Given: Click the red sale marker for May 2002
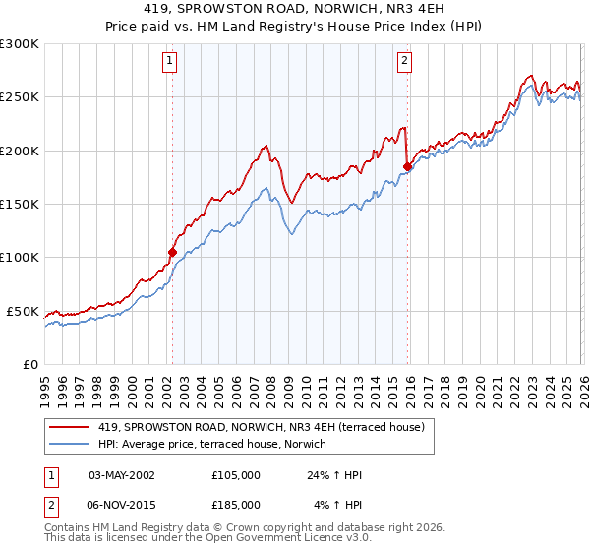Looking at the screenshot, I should [172, 252].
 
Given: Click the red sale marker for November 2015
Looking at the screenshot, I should [407, 167].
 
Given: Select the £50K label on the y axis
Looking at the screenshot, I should [23, 311].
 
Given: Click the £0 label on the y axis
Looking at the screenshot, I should [30, 364].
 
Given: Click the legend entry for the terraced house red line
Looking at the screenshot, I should [261, 427].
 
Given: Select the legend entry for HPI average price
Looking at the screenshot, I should [217, 445].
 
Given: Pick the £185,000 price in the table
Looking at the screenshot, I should [235, 504].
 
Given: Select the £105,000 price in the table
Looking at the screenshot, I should [235, 475].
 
